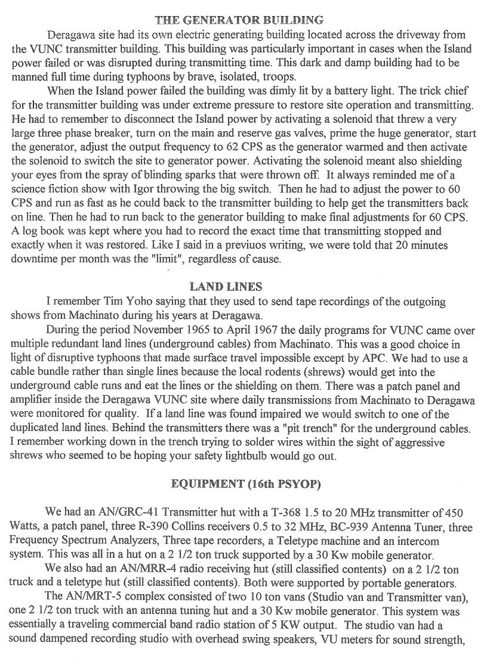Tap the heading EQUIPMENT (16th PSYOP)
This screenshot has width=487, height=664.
click(246, 484)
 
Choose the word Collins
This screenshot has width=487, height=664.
click(201, 527)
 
